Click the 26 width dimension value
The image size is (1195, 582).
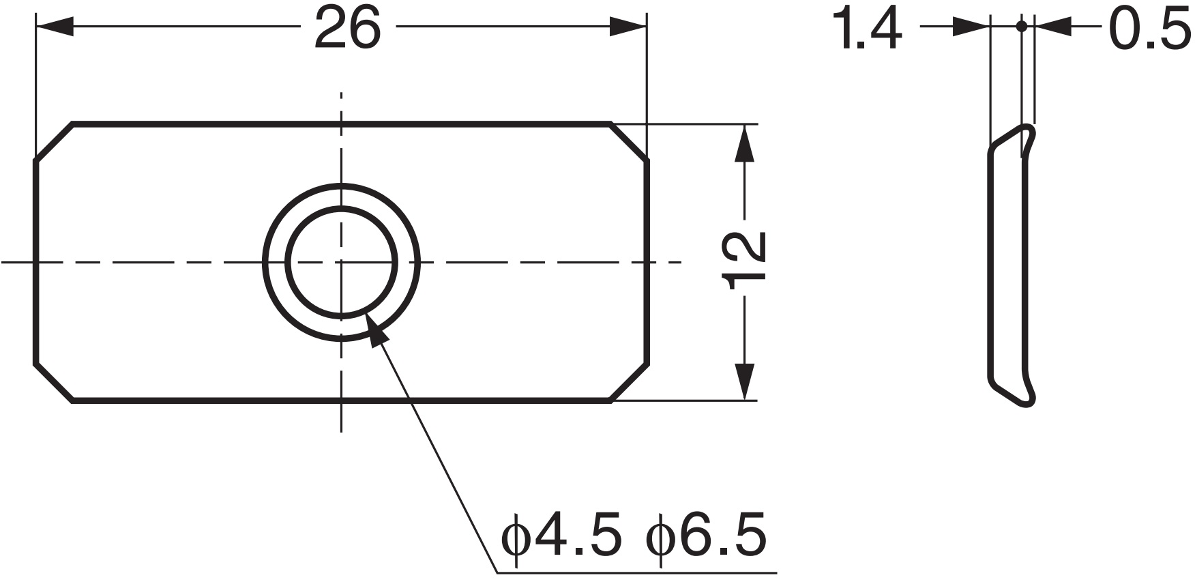point(346,29)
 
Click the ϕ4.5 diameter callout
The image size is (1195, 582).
point(563,537)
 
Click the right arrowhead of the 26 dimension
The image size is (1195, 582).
point(628,28)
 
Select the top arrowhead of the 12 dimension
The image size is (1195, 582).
point(745,143)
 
